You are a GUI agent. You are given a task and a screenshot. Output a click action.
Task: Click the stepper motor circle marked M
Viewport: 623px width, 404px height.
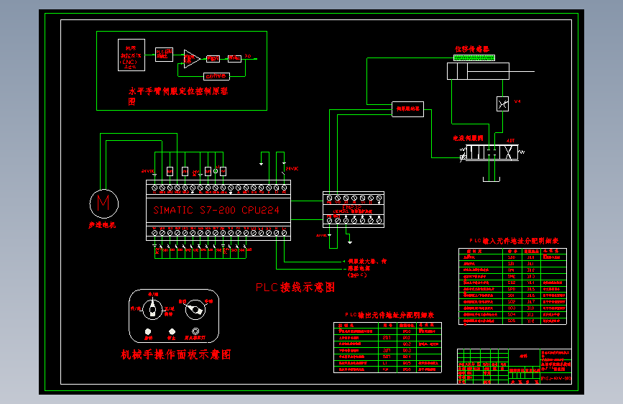pos(103,203)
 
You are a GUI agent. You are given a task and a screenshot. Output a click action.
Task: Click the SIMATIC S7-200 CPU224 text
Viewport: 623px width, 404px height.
pos(216,211)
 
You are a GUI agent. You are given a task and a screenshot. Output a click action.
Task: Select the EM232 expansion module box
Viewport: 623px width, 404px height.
pos(353,209)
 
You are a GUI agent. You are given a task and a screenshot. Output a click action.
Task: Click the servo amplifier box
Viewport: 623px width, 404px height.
pos(407,109)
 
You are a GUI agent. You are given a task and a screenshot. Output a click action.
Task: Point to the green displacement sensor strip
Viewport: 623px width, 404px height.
pos(474,57)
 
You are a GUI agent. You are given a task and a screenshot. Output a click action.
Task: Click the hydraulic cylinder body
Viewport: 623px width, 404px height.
pos(477,71)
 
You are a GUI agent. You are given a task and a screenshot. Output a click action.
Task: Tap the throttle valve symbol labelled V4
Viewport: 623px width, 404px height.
pos(503,104)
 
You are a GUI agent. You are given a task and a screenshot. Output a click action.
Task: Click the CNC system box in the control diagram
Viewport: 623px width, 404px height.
pos(131,55)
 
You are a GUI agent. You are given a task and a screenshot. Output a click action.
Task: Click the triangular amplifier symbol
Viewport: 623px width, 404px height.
pos(191,58)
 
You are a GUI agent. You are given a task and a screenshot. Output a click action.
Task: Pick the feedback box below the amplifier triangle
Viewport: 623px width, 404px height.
pos(216,75)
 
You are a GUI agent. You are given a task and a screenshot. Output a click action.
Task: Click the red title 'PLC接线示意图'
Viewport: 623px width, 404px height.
pos(295,287)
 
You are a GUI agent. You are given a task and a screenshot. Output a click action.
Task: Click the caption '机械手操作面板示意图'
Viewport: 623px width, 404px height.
pos(176,354)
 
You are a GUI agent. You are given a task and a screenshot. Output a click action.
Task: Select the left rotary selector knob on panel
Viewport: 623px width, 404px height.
pos(152,310)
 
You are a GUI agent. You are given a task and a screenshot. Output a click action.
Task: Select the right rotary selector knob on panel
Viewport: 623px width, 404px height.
pos(194,311)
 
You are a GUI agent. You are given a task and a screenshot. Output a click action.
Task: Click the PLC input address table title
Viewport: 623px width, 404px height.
pos(513,242)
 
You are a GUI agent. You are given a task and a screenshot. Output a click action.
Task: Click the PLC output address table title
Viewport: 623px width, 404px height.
pos(390,315)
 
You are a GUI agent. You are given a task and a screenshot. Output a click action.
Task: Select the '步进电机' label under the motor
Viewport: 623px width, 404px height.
pos(102,225)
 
